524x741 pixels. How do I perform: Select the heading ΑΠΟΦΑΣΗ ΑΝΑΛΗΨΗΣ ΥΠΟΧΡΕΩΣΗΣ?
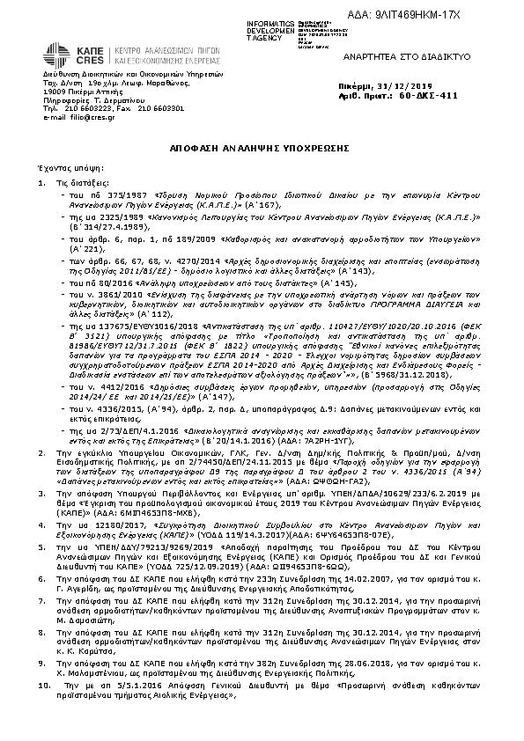pos(262,150)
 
